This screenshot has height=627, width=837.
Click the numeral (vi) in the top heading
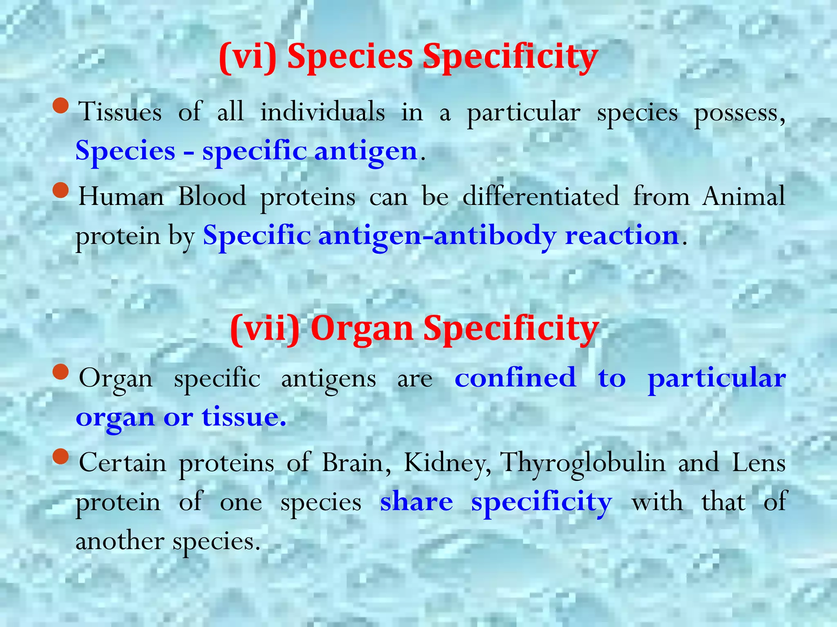click(x=248, y=57)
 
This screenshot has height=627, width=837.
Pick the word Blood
click(x=212, y=196)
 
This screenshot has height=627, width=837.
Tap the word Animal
click(x=743, y=196)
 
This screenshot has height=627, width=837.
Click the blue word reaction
click(x=622, y=236)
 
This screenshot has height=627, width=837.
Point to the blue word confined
click(x=515, y=378)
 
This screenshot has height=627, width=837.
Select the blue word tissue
click(x=243, y=417)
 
